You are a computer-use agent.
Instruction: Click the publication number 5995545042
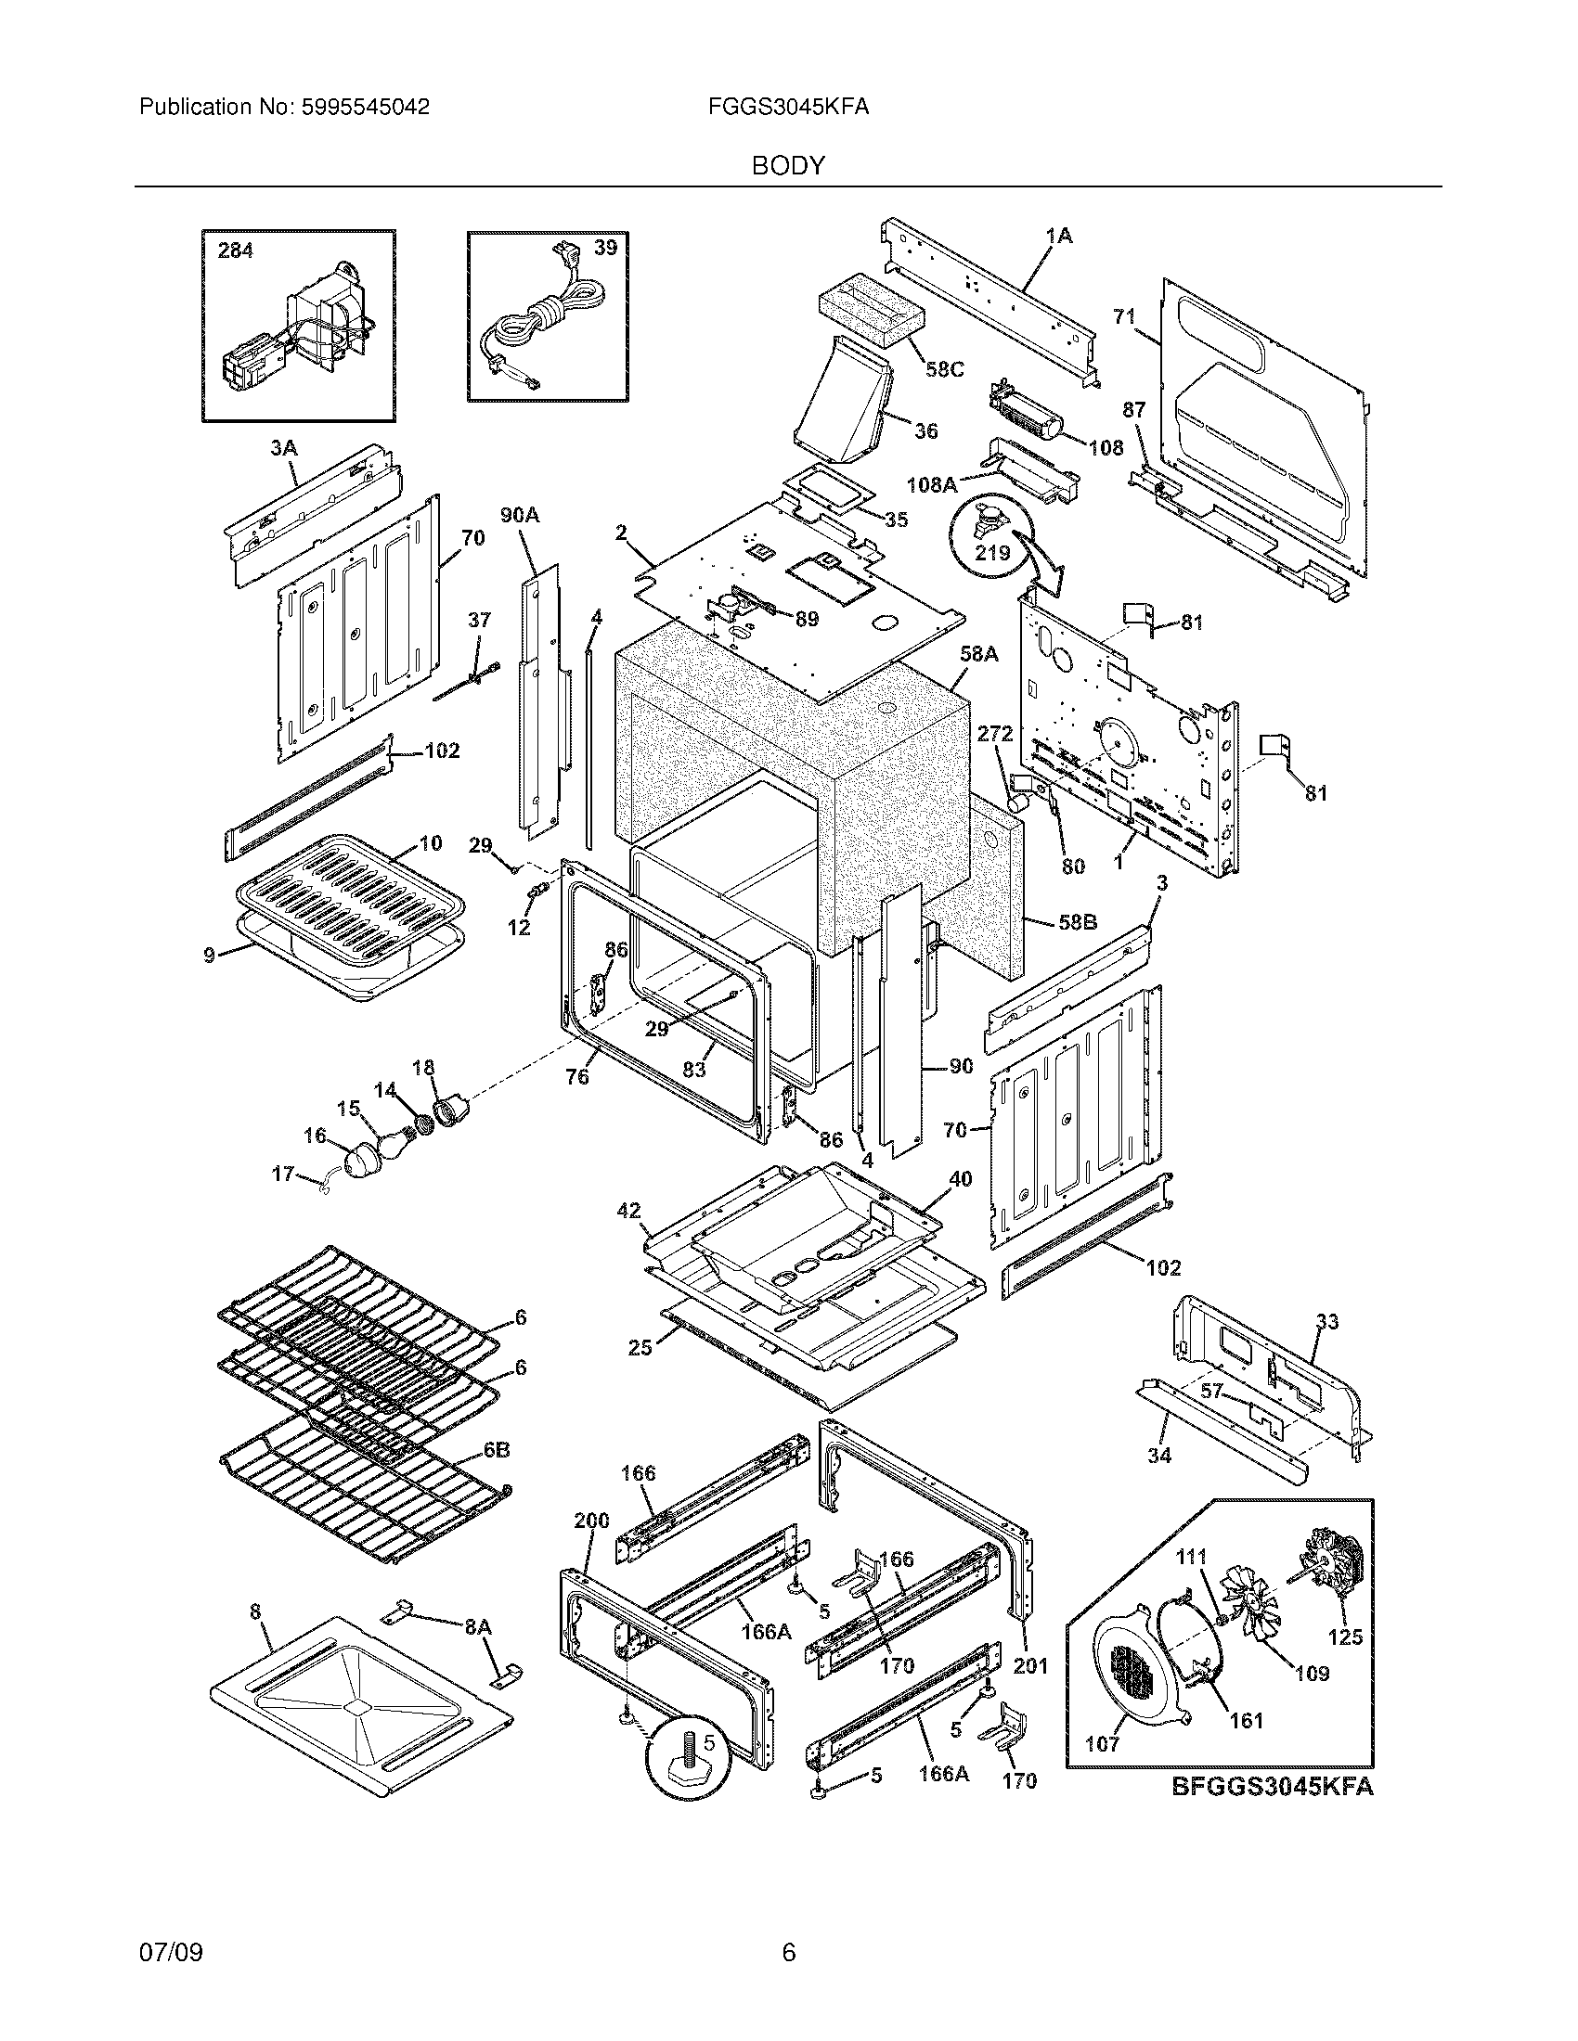(365, 108)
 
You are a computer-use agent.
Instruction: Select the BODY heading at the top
(788, 166)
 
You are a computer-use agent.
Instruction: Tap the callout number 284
(235, 250)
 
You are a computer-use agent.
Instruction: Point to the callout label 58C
(944, 369)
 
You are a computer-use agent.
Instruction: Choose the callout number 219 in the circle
(992, 552)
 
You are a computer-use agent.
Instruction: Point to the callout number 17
(282, 1174)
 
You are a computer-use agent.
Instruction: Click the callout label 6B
(497, 1450)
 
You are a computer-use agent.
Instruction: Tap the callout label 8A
(478, 1627)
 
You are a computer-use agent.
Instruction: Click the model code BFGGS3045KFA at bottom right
(1273, 1786)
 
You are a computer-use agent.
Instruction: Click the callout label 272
(995, 735)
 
